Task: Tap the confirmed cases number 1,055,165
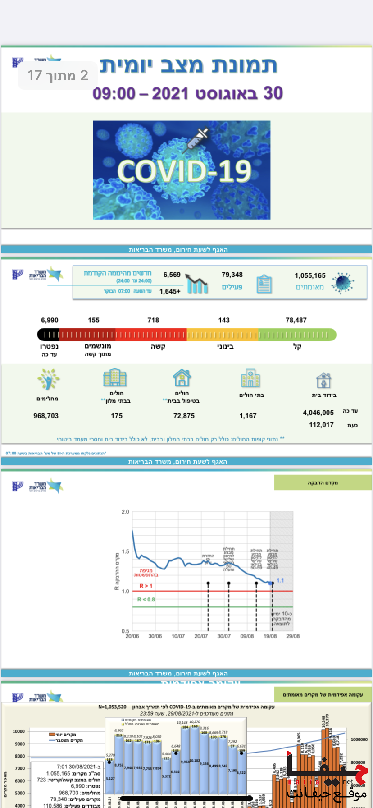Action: click(310, 275)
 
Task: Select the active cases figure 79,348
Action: click(232, 275)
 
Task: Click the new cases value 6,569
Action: click(172, 275)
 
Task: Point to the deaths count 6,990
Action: click(50, 320)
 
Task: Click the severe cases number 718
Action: click(153, 320)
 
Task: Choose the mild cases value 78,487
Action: click(296, 320)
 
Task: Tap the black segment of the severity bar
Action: click(48, 335)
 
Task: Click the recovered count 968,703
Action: click(46, 416)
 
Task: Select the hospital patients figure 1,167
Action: click(248, 416)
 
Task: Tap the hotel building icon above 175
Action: click(115, 378)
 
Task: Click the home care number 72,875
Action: click(184, 416)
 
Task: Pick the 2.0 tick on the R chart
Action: click(125, 512)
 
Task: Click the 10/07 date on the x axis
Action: click(178, 636)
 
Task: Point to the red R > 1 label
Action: click(146, 586)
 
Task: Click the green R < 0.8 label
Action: click(146, 599)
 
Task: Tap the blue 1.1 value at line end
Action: click(280, 580)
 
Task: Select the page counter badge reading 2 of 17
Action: click(58, 75)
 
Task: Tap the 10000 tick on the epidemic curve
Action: click(18, 731)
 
